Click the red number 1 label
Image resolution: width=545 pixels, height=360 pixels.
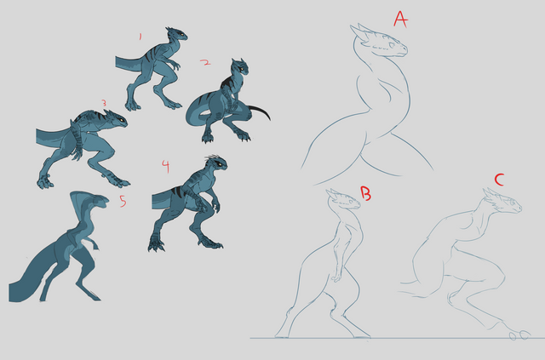click(141, 37)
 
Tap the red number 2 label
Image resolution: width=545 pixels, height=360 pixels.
click(205, 62)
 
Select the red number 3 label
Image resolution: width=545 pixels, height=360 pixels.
click(104, 103)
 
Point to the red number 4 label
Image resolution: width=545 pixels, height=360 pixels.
click(166, 167)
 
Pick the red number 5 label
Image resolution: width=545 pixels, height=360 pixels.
click(123, 201)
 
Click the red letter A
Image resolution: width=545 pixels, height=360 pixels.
click(400, 19)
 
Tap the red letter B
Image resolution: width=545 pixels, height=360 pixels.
click(365, 193)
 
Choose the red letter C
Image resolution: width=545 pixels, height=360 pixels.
click(499, 180)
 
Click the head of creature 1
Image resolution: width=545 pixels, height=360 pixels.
click(176, 34)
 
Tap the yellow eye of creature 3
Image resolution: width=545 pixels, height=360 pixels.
click(121, 120)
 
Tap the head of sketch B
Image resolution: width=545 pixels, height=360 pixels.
click(344, 199)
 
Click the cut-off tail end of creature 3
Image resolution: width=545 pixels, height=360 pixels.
click(37, 136)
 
